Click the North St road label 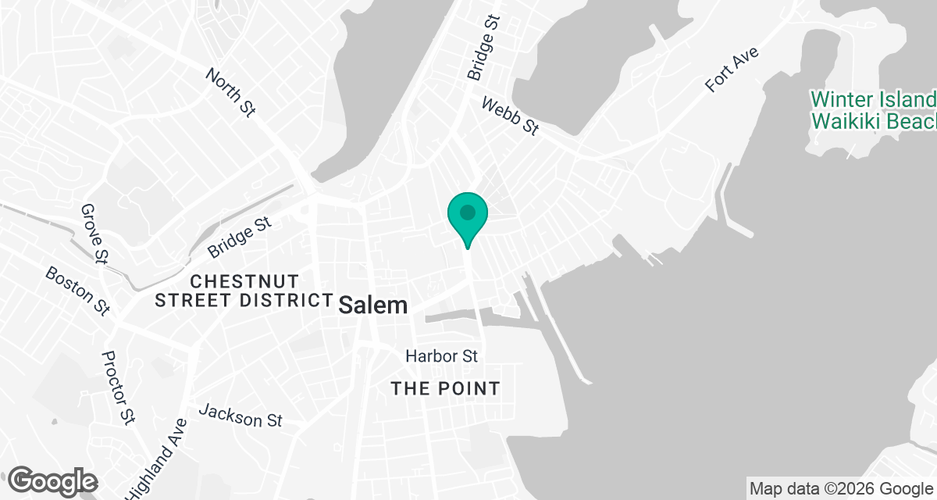coord(230,92)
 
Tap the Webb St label coord(510,116)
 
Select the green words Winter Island coord(873,100)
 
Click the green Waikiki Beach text coord(873,122)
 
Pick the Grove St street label coord(94,232)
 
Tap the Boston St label coord(77,291)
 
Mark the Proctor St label coord(118,387)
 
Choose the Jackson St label coord(240,416)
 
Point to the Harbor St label coord(441,356)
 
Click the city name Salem coord(373,305)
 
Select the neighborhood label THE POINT coord(445,388)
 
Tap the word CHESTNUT coord(244,280)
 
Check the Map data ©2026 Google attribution coord(840,489)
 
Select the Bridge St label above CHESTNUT coord(240,237)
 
